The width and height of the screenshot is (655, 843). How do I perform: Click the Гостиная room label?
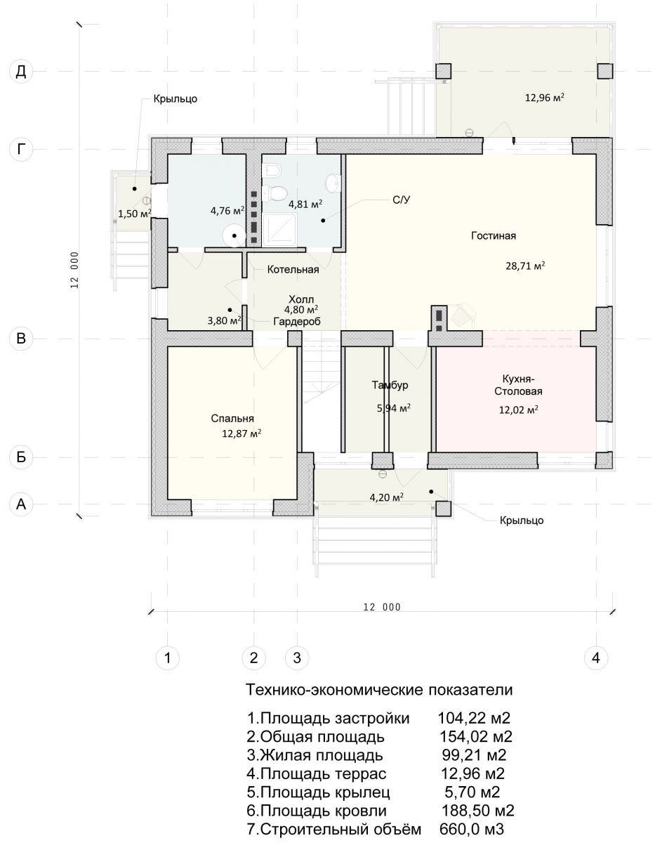tap(494, 236)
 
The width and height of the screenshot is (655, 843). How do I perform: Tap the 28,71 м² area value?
tap(525, 266)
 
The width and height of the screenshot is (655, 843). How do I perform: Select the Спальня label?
tap(232, 419)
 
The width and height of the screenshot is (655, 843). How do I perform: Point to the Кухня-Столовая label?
tap(518, 385)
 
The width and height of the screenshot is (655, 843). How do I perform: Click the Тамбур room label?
tap(390, 385)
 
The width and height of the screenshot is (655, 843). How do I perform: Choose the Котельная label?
tap(293, 270)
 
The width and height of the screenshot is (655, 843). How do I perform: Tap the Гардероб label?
tap(297, 322)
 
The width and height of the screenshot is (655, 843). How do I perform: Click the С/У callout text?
tap(401, 200)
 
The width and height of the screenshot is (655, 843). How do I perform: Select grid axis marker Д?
tap(21, 72)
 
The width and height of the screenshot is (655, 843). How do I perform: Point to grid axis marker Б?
tap(21, 457)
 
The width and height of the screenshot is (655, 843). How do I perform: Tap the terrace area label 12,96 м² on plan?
tap(544, 97)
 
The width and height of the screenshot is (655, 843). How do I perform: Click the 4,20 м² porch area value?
tap(386, 497)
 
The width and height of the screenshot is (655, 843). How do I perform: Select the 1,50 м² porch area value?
tap(135, 213)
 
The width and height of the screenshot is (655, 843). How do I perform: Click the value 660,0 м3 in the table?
tap(472, 829)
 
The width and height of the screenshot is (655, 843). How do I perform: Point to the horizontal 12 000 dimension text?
tap(382, 607)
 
